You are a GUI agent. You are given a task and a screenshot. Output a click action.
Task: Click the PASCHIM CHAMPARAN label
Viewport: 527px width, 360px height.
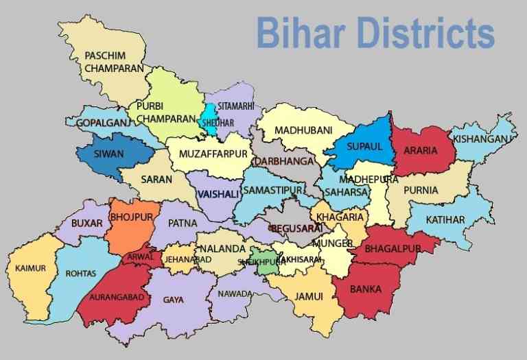[114, 62]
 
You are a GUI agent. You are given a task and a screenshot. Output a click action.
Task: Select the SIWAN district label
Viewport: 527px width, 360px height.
[109, 154]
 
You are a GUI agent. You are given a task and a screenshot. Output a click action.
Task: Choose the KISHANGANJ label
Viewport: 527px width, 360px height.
[481, 139]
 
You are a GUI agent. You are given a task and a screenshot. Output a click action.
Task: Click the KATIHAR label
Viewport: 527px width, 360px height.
[445, 219]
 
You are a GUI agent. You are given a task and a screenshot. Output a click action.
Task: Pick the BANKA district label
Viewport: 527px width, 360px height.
[366, 289]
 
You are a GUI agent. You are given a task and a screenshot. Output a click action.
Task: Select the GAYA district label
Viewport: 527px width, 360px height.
[173, 300]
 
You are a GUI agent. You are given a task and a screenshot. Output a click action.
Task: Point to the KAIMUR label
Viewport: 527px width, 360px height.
[31, 268]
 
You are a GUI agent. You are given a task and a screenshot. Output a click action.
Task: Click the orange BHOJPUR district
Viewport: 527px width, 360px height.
[132, 223]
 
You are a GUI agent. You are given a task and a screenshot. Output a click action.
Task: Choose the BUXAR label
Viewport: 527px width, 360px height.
[86, 223]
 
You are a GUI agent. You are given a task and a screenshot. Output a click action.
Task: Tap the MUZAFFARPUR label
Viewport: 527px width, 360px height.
[213, 154]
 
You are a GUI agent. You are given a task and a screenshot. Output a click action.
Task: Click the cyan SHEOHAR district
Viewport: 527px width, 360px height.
[209, 118]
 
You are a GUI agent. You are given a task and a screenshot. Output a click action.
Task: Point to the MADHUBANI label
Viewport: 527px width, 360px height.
[303, 130]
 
